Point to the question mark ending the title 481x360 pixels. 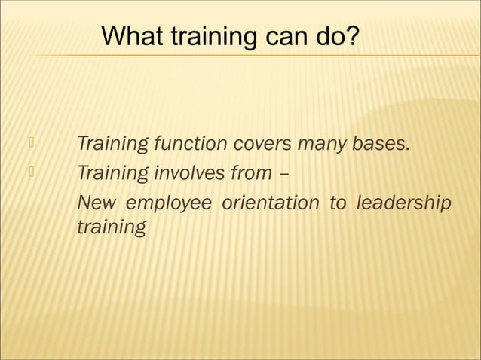pos(353,36)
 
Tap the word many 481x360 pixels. pos(327,143)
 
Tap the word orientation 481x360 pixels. pos(271,204)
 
